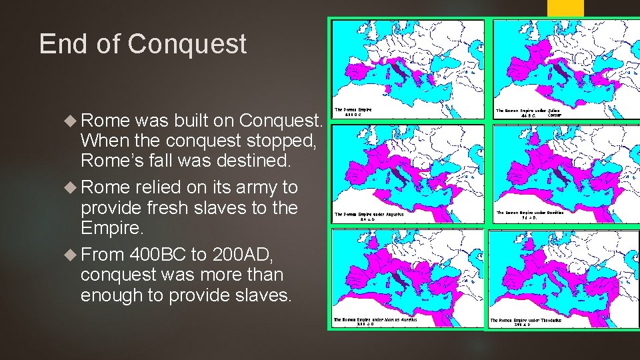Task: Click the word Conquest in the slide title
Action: coord(187,45)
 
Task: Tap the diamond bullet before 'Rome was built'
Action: coord(72,121)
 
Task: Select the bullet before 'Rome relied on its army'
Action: coord(72,187)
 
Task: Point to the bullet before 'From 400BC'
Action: coord(72,254)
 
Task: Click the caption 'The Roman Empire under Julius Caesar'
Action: coord(531,113)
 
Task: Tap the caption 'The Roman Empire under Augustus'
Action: coord(369,216)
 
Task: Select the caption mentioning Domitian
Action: coord(530,215)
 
